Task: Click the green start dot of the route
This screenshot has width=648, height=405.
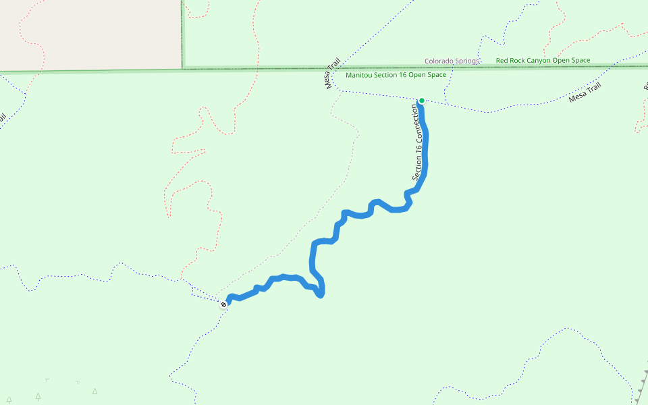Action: pyautogui.click(x=422, y=101)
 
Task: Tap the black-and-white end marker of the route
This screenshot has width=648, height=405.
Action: pyautogui.click(x=223, y=304)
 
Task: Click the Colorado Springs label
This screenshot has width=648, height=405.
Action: pyautogui.click(x=452, y=61)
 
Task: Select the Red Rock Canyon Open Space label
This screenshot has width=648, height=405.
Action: pyautogui.click(x=543, y=61)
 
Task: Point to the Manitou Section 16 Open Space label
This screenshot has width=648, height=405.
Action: pyautogui.click(x=396, y=75)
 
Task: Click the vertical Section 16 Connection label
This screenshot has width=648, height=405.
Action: pyautogui.click(x=420, y=141)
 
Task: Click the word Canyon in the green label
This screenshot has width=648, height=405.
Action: pyautogui.click(x=539, y=61)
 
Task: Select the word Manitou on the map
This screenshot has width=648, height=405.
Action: pyautogui.click(x=359, y=75)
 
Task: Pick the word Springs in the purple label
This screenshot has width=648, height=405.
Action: pyautogui.click(x=466, y=61)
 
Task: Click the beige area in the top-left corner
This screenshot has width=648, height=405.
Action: pyautogui.click(x=88, y=34)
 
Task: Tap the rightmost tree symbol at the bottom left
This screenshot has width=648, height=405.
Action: pyautogui.click(x=94, y=391)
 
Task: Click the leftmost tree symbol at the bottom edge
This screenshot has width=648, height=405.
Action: pyautogui.click(x=9, y=400)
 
